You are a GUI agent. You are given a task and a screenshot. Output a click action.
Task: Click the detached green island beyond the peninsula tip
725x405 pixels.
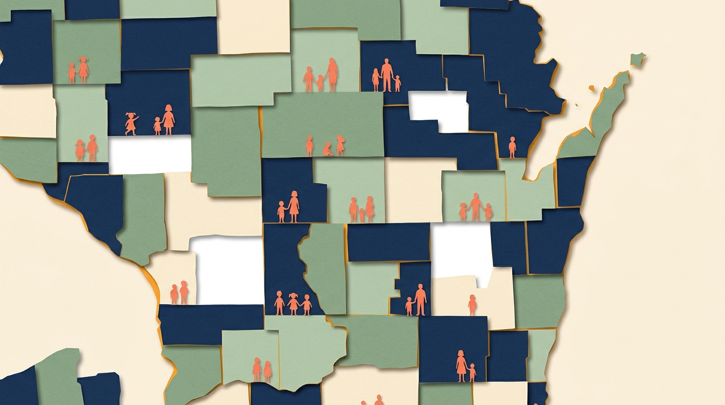point(638,59)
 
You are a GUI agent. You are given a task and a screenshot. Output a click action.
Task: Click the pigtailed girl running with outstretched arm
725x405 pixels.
point(131,123)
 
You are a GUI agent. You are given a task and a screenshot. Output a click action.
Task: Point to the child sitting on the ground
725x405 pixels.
point(327,150)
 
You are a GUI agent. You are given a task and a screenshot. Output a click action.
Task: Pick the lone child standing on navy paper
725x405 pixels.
point(512,147)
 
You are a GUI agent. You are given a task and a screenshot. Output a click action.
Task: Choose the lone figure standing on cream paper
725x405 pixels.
point(472,305)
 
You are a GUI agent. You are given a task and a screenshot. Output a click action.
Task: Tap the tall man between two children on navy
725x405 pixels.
point(387,75)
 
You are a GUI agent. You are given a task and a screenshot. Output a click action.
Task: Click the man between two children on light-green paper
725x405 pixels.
point(476,207)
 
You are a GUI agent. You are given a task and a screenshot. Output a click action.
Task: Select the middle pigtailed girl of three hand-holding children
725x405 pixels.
point(293,304)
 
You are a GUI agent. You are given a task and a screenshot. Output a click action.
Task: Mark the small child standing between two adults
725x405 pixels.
point(320,83)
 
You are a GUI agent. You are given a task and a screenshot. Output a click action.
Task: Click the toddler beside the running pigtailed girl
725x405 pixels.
point(157,126)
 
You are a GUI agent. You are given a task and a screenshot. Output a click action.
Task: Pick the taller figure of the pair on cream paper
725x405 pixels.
point(183,292)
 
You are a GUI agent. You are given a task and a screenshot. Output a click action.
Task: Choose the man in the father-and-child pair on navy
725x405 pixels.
point(420,300)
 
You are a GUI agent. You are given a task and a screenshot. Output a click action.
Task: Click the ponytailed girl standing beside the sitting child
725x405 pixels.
point(340,146)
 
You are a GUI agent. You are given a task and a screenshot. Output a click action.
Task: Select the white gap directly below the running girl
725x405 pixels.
point(150,154)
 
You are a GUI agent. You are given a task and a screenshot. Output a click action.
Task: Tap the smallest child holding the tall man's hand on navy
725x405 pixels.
point(397,83)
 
